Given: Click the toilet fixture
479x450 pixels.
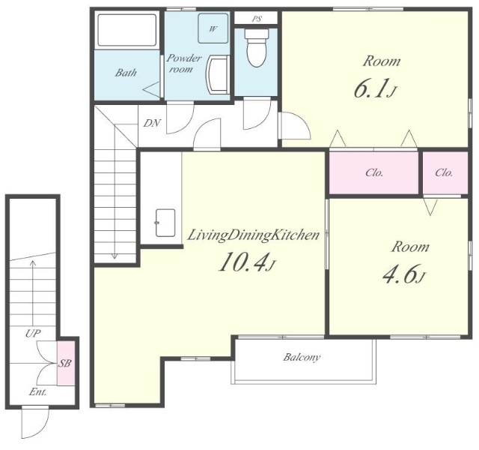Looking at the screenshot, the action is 257,47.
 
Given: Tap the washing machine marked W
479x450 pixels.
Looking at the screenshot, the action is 213,28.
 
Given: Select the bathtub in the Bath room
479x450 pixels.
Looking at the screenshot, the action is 126,30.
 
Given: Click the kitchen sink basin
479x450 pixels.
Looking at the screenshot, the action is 165,223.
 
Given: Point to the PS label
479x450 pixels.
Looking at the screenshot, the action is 257,19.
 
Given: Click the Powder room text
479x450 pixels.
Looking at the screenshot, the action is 183,63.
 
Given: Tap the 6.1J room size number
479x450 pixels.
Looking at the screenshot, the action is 375,88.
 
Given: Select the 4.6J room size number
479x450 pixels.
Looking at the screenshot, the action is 404,274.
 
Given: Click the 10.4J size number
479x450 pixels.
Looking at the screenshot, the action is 247,262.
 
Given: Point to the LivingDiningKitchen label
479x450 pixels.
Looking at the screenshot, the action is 253,235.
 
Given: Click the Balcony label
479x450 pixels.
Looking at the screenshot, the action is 302,357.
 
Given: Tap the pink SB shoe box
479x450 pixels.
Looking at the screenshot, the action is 66,363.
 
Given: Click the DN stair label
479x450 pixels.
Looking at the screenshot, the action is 152,123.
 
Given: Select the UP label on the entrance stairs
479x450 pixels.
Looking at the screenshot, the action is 33,333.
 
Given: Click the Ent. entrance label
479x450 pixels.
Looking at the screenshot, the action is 38,392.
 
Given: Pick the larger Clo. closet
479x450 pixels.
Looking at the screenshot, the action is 373,172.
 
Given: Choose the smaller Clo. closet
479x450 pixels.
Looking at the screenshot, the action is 445,172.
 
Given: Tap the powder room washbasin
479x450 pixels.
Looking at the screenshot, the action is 218,74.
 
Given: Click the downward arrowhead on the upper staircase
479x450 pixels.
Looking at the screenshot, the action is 115,256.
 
